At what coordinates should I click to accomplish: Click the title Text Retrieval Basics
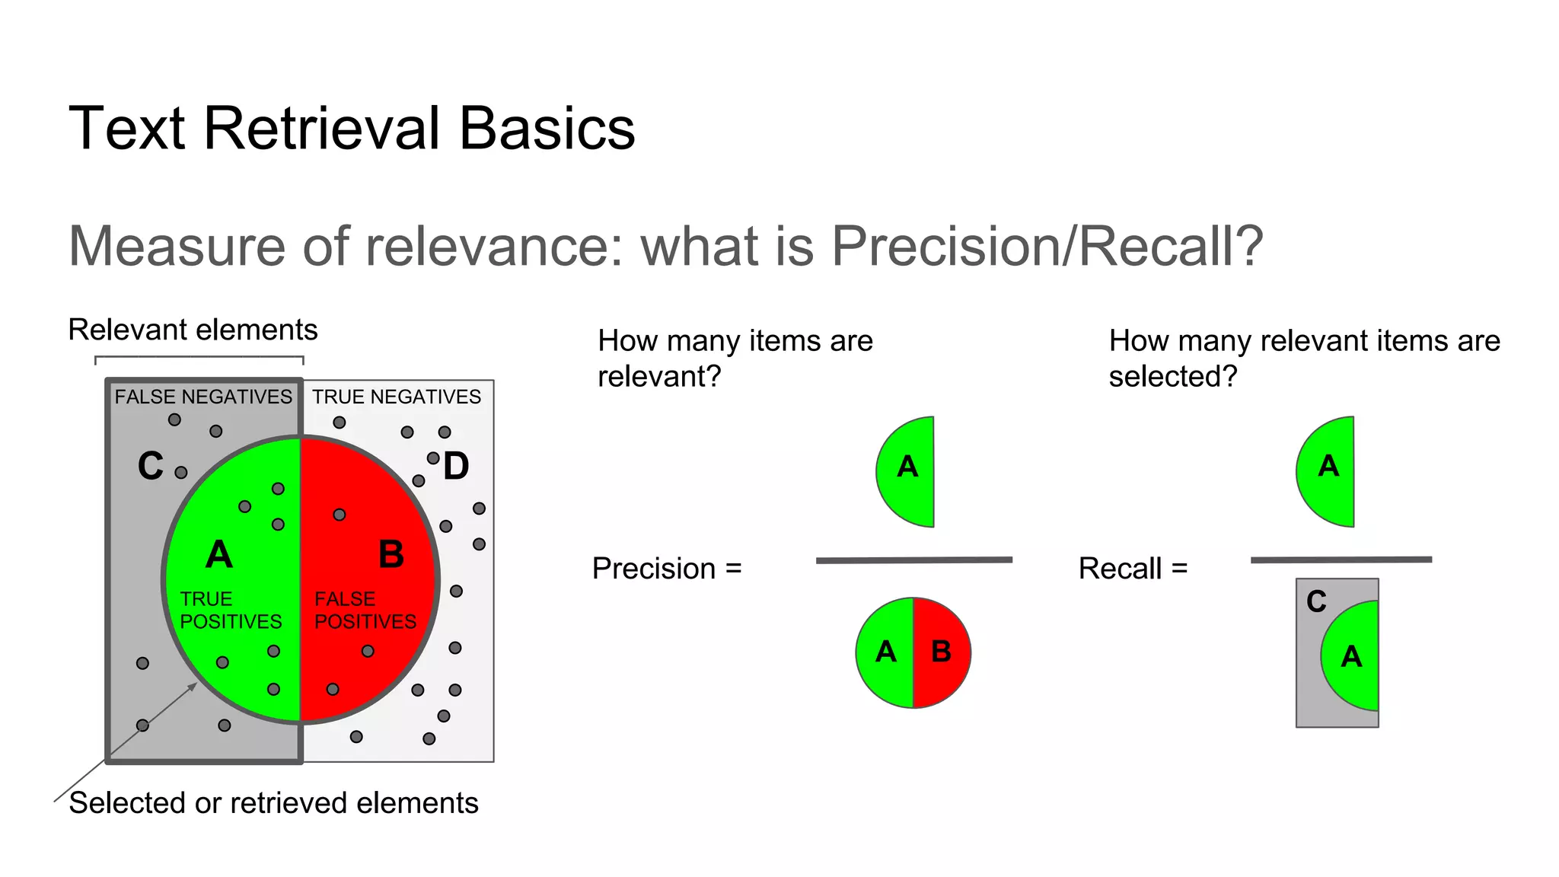[x=352, y=128]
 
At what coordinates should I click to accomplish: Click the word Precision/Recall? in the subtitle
[x=1047, y=246]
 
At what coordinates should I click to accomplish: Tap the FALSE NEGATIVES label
[x=203, y=397]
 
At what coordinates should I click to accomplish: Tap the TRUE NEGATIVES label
[x=397, y=397]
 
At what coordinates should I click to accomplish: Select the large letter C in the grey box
[x=151, y=466]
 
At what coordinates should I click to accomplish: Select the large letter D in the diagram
[x=456, y=467]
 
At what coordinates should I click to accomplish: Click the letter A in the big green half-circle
[x=219, y=554]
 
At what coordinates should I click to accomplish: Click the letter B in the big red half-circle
[x=391, y=554]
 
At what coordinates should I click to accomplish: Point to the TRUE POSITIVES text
[x=231, y=611]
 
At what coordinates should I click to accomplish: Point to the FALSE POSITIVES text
[x=365, y=611]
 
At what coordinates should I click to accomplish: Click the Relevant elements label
[x=193, y=330]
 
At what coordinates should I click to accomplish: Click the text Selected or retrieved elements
[x=273, y=803]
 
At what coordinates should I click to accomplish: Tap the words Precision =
[x=667, y=569]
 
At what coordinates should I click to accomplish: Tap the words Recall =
[x=1133, y=569]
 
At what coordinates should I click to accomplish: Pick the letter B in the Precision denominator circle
[x=942, y=652]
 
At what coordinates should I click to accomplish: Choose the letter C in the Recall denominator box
[x=1316, y=602]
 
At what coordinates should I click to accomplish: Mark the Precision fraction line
[x=913, y=560]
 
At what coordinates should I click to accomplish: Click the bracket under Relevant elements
[x=199, y=356]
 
